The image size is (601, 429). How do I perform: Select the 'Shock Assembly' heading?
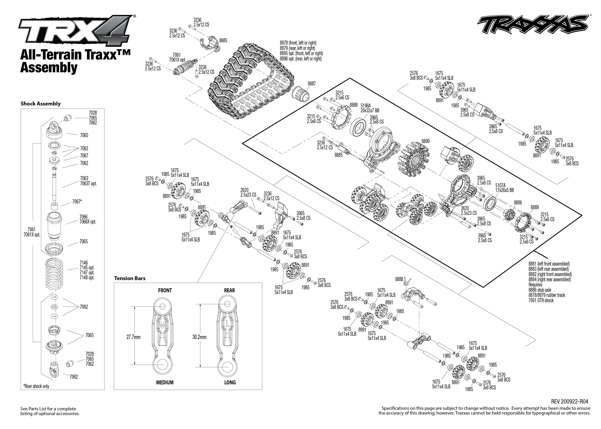coord(40,104)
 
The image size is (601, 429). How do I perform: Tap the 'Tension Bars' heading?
coord(130,278)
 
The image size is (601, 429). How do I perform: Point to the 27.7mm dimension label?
coord(133,337)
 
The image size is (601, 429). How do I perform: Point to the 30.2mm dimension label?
coord(200,337)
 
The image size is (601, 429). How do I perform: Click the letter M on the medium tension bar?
coord(161,325)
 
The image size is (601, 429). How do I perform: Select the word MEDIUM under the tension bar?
coord(165,382)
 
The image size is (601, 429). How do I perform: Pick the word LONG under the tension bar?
coord(230,382)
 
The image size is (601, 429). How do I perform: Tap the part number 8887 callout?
coord(312,84)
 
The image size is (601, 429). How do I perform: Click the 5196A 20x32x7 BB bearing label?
coord(370,108)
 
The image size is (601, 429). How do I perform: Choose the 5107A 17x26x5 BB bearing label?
coord(504,188)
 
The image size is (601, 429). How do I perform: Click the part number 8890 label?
coord(425,141)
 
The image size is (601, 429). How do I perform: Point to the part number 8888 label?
coord(399,279)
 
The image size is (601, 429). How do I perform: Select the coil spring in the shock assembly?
coord(54,275)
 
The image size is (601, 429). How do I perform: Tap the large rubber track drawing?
coord(251,82)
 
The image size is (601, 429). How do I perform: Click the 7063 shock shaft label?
coord(84,178)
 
